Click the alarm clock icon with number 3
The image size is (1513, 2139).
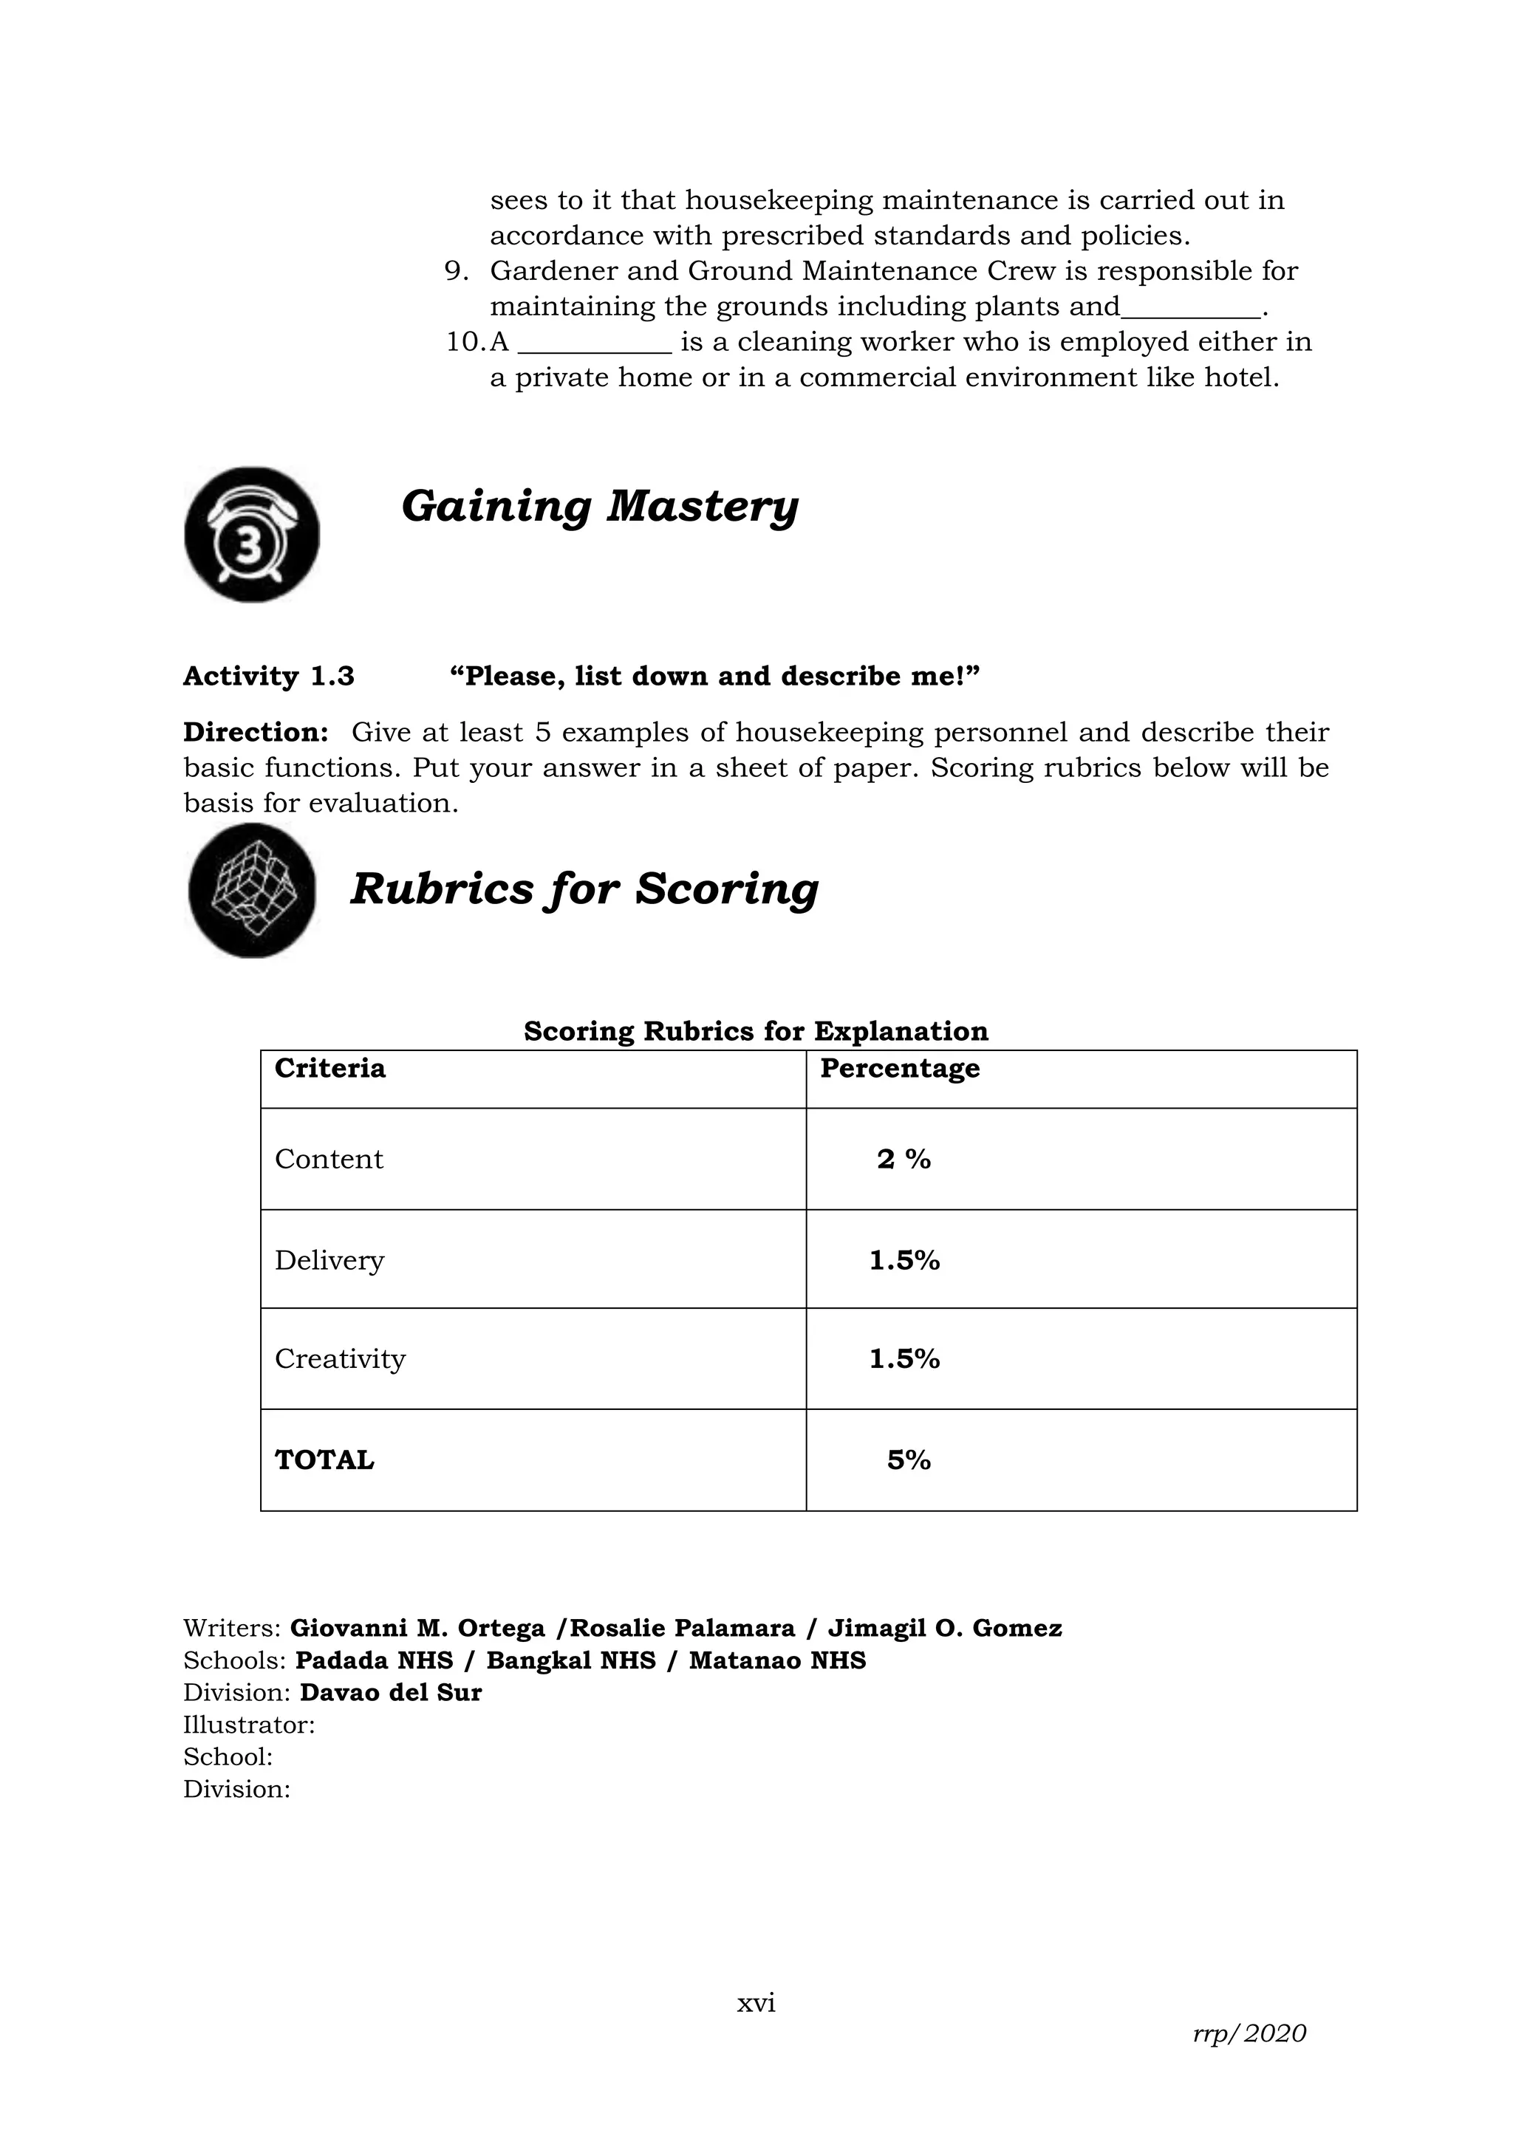pyautogui.click(x=251, y=535)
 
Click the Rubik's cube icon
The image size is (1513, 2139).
pyautogui.click(x=251, y=891)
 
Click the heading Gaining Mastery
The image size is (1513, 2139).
pyautogui.click(x=599, y=507)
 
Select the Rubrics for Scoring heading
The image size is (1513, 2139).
pyautogui.click(x=584, y=889)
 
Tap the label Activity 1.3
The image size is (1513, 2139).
pyautogui.click(x=268, y=677)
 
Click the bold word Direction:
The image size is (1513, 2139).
pyautogui.click(x=256, y=732)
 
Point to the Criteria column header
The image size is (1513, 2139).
pyautogui.click(x=329, y=1067)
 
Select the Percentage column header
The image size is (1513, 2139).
pyautogui.click(x=899, y=1067)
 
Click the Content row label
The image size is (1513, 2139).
pyautogui.click(x=329, y=1159)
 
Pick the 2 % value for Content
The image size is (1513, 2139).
pyautogui.click(x=904, y=1159)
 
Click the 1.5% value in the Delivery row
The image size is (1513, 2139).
pyautogui.click(x=904, y=1261)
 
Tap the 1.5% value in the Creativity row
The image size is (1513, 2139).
pyautogui.click(x=904, y=1359)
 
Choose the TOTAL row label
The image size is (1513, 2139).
pyautogui.click(x=324, y=1459)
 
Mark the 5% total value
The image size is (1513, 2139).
pyautogui.click(x=909, y=1459)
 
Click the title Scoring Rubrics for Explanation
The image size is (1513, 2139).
pyautogui.click(x=756, y=1031)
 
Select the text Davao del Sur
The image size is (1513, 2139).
pyautogui.click(x=390, y=1693)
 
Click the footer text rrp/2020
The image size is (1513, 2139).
pyautogui.click(x=1249, y=2033)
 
